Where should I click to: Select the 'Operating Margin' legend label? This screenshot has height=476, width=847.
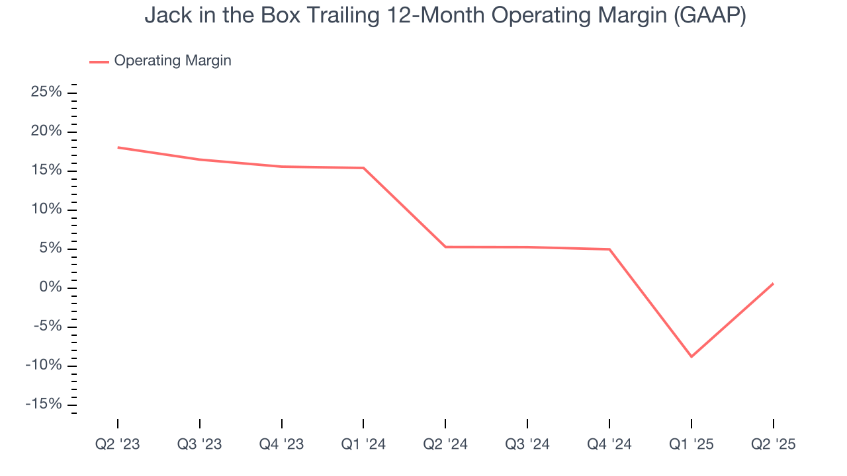coord(173,61)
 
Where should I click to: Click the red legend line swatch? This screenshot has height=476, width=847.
coord(99,61)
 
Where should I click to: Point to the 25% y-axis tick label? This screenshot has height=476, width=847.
coord(46,92)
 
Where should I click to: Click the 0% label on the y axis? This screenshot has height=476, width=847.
coord(51,288)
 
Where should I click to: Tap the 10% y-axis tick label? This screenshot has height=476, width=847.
coord(46,210)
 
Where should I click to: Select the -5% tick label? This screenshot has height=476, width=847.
coord(47,327)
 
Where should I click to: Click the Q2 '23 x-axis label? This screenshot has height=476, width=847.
coord(118,444)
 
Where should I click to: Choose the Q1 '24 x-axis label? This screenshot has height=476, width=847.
coord(363,444)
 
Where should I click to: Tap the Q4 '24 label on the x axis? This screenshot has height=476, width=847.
coord(609,444)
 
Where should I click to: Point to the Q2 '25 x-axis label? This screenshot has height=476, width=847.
coord(773,444)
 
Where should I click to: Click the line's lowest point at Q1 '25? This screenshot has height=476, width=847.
coord(691,357)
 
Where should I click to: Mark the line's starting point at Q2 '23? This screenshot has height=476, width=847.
coord(118,147)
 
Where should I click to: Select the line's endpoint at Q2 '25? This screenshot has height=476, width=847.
coord(773,284)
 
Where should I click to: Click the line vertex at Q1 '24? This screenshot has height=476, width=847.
coord(363,168)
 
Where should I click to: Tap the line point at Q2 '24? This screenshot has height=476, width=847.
coord(445,247)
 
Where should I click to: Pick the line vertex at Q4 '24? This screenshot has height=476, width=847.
coord(609,249)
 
